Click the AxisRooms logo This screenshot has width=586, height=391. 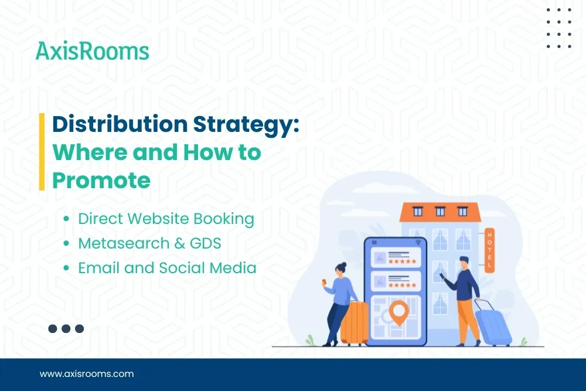pos(93,51)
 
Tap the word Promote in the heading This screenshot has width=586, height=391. pos(101,180)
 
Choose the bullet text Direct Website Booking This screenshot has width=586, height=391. pos(166,219)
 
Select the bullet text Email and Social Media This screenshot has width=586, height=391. pos(167,268)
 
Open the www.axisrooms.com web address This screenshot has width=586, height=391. pos(87,373)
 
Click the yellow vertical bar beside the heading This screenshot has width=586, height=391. pos(42,152)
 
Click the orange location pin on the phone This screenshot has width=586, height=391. pos(400,312)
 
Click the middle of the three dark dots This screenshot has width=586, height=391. pos(66,329)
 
